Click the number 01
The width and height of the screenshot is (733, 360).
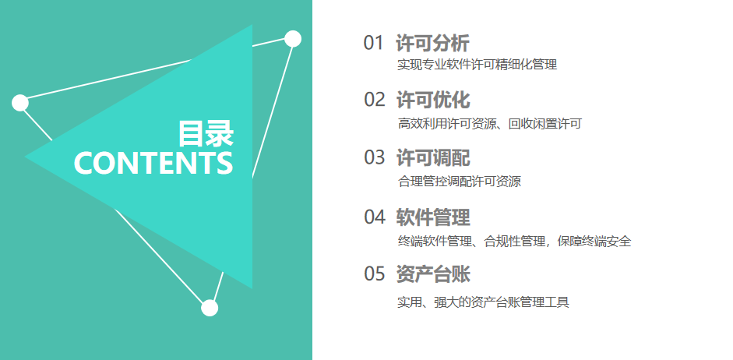pos(373,43)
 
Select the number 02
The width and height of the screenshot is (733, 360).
pos(375,100)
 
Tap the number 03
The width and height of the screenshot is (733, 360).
pos(375,157)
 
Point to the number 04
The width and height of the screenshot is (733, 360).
pos(375,217)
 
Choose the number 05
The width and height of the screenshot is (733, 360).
pos(375,274)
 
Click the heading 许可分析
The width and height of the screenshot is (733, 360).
pos(432,44)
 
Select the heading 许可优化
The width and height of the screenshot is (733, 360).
pos(433,100)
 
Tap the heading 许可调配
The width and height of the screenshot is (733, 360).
pos(433,157)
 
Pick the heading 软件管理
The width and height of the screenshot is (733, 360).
pos(433,217)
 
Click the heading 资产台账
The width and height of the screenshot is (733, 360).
pos(433,274)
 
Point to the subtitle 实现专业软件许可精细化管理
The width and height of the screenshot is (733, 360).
pos(478,65)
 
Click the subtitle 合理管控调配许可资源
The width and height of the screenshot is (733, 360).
pos(460,182)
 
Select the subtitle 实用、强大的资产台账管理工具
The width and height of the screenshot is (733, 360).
pos(484,302)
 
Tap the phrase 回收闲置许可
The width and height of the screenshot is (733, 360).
pos(545,124)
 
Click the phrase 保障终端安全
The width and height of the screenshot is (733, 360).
pos(594,242)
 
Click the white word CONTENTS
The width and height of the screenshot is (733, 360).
pos(153,163)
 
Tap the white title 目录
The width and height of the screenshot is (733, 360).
pos(206,134)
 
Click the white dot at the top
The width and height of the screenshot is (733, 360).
pos(293,39)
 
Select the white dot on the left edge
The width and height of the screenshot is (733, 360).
pos(20,103)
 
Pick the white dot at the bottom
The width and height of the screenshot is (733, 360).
pos(210,308)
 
